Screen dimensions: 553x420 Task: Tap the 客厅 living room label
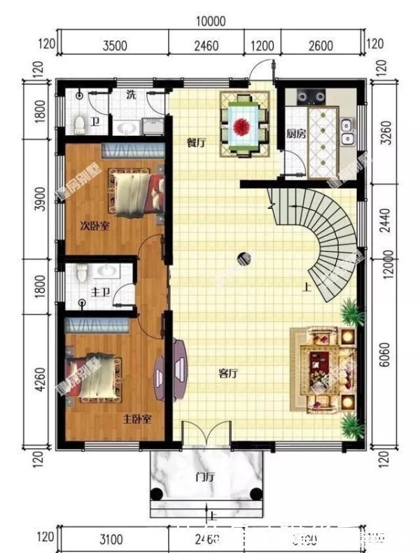[228, 374]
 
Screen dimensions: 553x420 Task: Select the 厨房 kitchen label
[295, 134]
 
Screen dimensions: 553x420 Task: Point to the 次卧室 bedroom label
[94, 226]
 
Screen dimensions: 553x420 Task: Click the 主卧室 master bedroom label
[138, 420]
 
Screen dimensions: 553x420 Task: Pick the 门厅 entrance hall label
[204, 478]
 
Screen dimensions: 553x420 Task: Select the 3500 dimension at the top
[115, 47]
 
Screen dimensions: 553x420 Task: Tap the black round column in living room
[243, 259]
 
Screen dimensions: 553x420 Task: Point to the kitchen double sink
[346, 132]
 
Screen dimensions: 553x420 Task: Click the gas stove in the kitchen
[313, 97]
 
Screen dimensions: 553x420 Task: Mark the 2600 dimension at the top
[320, 47]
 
